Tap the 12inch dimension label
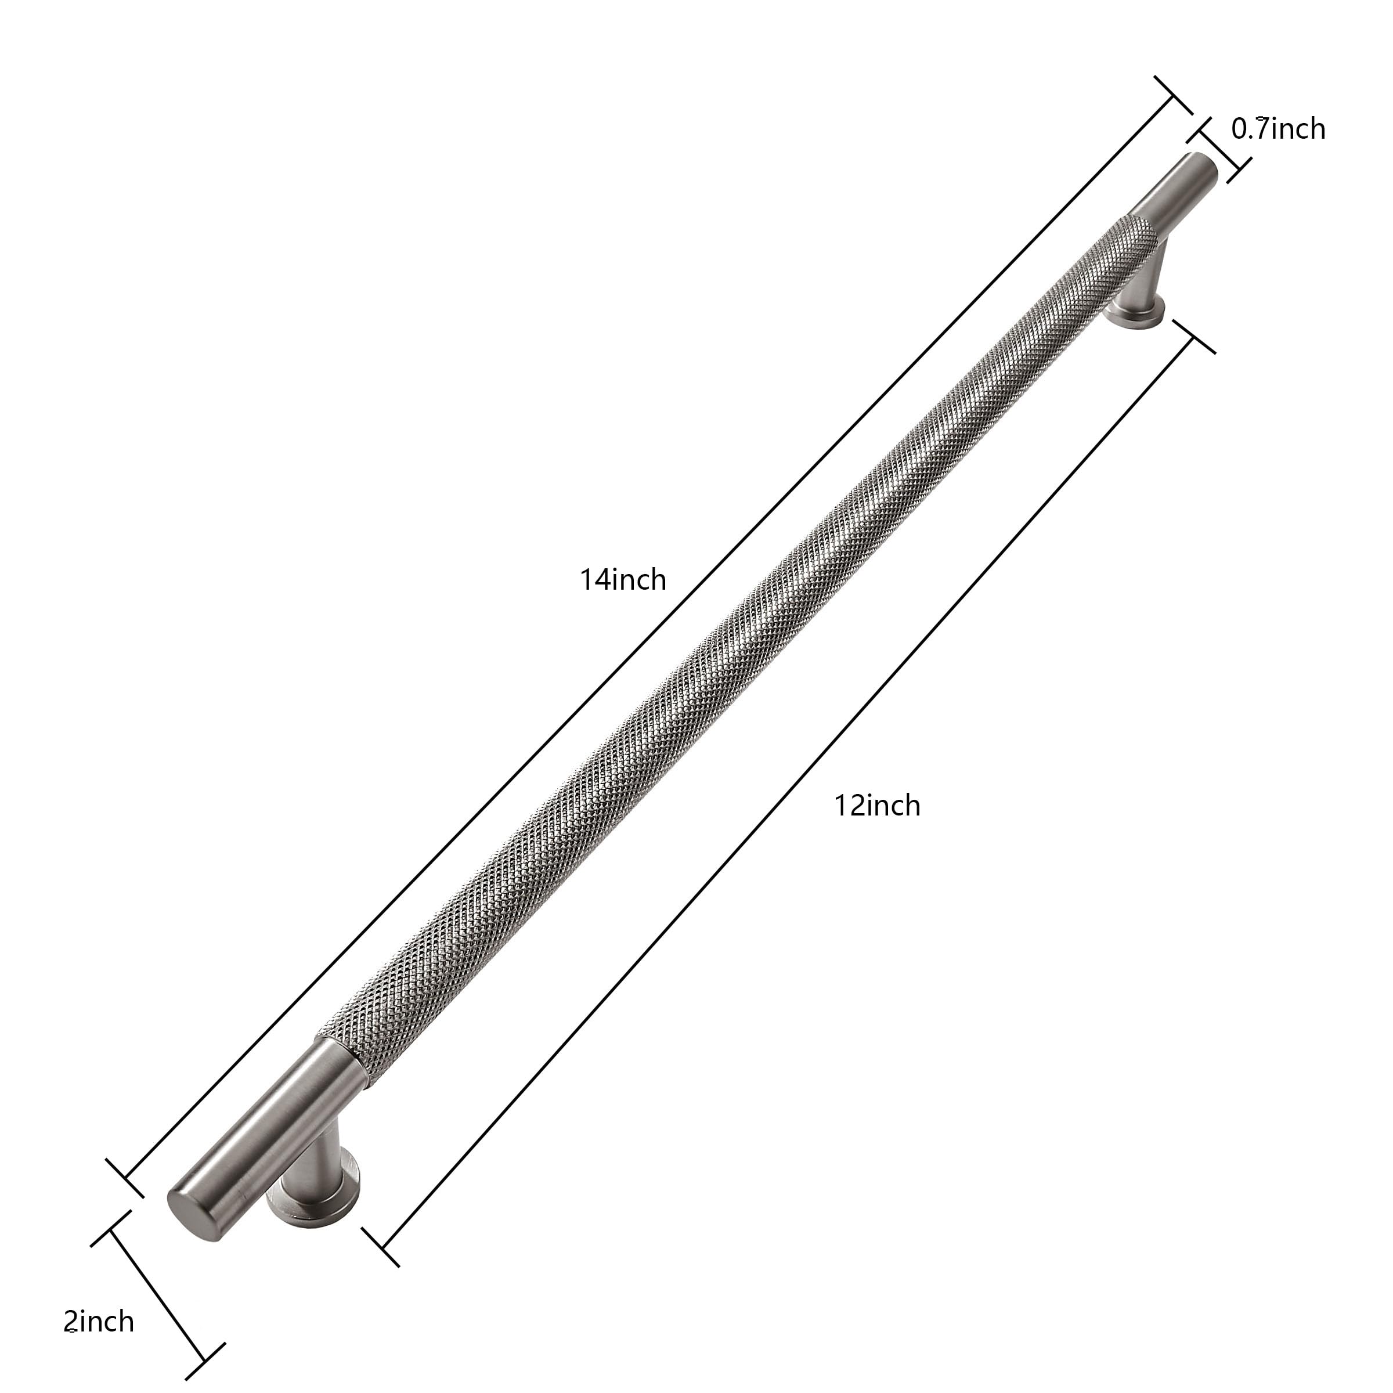878,806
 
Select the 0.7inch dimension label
1278,128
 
